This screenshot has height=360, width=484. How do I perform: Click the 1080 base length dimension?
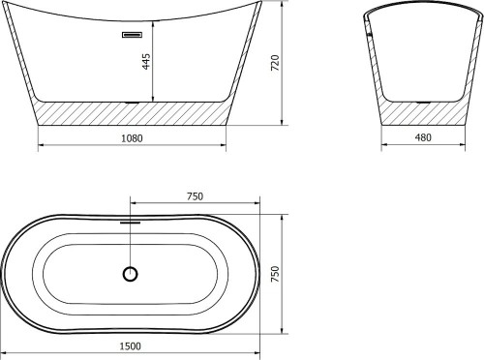132,138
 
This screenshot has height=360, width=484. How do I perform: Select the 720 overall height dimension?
275,63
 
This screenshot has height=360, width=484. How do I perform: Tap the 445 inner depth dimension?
146,61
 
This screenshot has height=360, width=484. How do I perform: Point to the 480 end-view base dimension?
423,137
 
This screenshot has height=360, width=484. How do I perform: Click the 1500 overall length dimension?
131,346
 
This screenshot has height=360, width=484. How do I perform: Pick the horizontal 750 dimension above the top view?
195,196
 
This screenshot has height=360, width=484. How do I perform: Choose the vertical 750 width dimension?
275,274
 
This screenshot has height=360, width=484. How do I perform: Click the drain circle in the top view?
131,274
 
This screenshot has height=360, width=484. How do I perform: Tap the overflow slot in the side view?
132,35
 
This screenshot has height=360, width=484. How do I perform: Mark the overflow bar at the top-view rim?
131,223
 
